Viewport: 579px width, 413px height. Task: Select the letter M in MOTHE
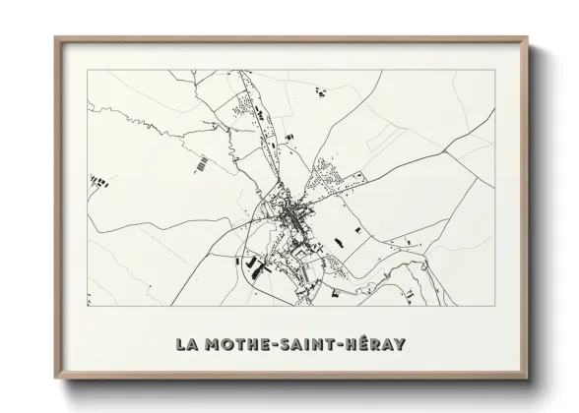(x=212, y=345)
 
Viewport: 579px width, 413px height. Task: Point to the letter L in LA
(x=180, y=345)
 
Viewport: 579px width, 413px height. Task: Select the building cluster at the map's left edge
(x=98, y=180)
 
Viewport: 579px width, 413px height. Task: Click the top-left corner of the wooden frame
(x=56, y=39)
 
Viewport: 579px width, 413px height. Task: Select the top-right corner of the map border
(x=495, y=72)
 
